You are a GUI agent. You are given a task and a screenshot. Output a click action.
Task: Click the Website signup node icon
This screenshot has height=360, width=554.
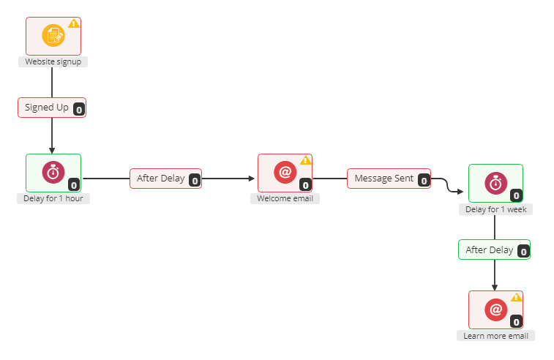point(53,35)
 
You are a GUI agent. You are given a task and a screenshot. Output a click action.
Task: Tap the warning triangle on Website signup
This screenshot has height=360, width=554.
point(73,23)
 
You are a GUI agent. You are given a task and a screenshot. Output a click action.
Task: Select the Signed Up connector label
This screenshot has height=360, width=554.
point(47,108)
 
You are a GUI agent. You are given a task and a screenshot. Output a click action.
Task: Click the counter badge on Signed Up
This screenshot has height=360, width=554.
point(79,110)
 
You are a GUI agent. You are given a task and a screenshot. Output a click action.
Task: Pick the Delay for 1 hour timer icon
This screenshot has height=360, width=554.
point(53,172)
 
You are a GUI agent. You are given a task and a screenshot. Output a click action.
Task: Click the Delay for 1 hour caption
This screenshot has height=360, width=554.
point(53,198)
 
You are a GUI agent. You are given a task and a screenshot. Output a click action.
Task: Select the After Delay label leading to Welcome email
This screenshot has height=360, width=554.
point(161,179)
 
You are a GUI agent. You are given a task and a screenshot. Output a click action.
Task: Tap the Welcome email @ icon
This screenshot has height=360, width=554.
point(285,172)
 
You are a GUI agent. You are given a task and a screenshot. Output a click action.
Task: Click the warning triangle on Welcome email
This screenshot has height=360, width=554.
point(306,160)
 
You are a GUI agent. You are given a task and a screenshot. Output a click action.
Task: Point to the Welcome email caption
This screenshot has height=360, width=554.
point(285,198)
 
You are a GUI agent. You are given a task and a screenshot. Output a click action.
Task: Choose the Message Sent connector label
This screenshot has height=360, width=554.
point(384,179)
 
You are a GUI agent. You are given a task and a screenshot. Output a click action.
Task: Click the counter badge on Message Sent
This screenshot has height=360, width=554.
point(423,181)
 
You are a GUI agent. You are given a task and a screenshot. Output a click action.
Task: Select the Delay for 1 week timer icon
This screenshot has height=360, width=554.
point(495,183)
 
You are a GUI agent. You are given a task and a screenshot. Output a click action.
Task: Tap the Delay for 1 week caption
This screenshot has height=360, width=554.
point(495,209)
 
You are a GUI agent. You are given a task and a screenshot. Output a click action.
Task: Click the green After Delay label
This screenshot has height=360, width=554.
point(490,250)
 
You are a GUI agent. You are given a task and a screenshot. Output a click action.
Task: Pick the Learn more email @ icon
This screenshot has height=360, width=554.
point(495,310)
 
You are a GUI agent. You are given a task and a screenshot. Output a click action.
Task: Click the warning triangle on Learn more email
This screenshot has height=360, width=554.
point(516,297)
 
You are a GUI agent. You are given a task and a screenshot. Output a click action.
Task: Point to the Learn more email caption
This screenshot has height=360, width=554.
point(495,336)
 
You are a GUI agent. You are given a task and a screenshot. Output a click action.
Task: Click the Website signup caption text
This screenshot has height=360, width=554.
point(53,62)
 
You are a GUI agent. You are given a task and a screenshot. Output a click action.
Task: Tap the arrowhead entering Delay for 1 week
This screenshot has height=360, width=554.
point(460,192)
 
